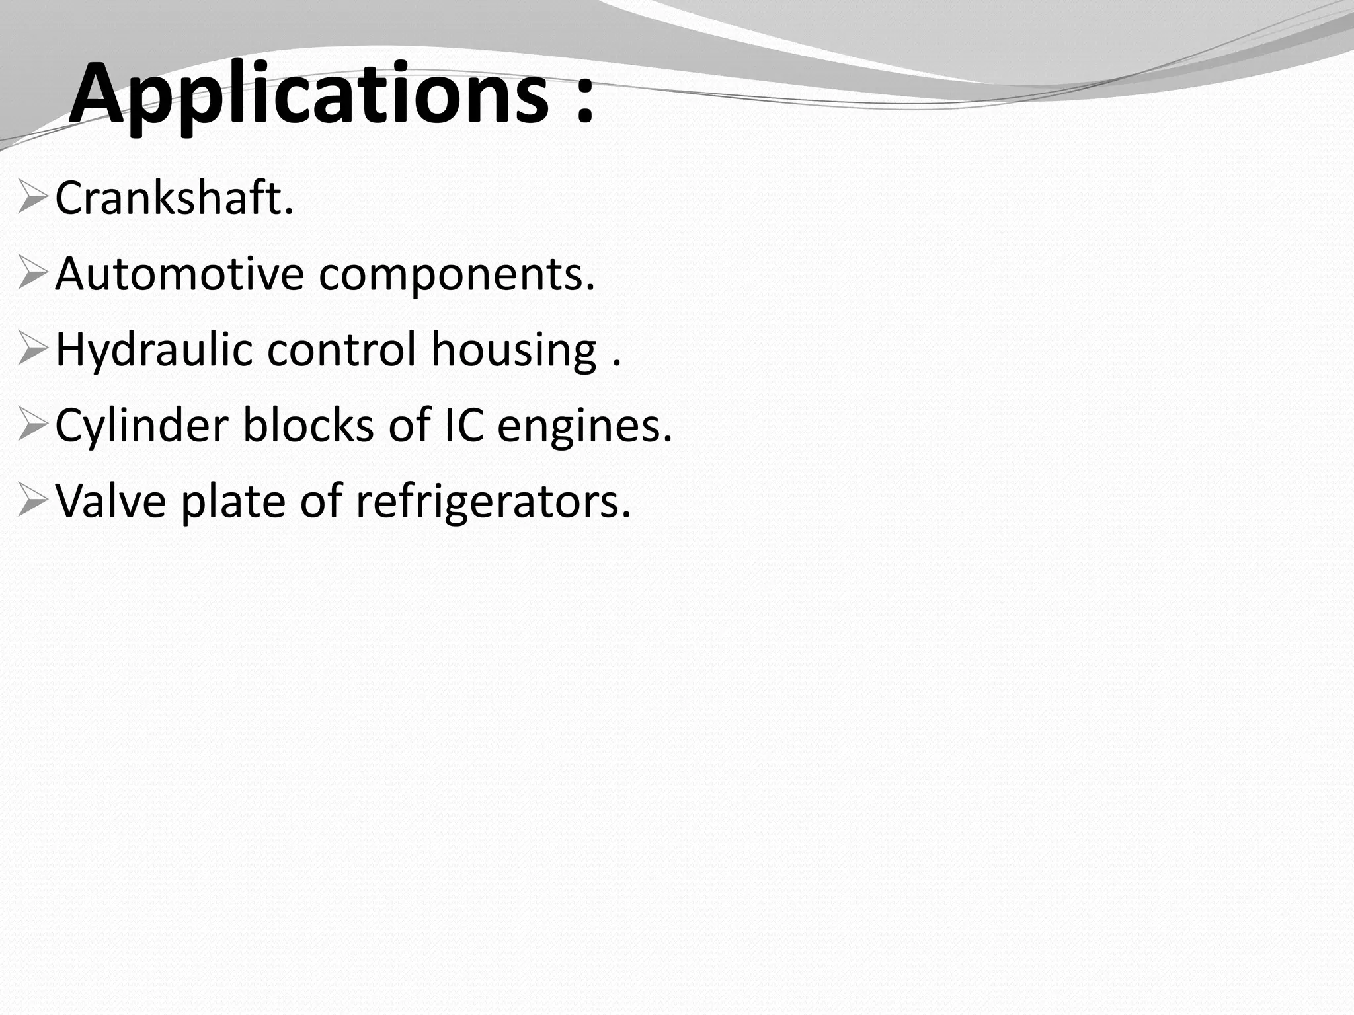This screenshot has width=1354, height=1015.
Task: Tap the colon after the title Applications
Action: [x=584, y=100]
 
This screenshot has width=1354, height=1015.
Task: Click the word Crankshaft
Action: [x=173, y=198]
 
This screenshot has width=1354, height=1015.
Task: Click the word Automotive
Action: [x=179, y=274]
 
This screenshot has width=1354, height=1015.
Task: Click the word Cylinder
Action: [x=141, y=426]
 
